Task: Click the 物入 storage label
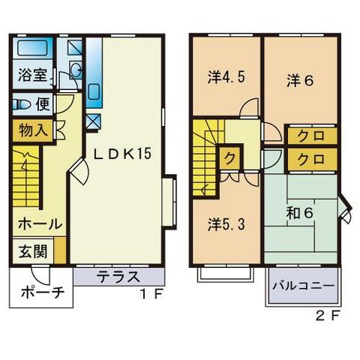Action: pos(30,128)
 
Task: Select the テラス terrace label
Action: pos(118,276)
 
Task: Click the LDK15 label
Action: pos(122,154)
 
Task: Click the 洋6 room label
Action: pos(299,82)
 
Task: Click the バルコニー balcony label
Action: pos(303,286)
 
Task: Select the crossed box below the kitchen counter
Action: pos(93,120)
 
